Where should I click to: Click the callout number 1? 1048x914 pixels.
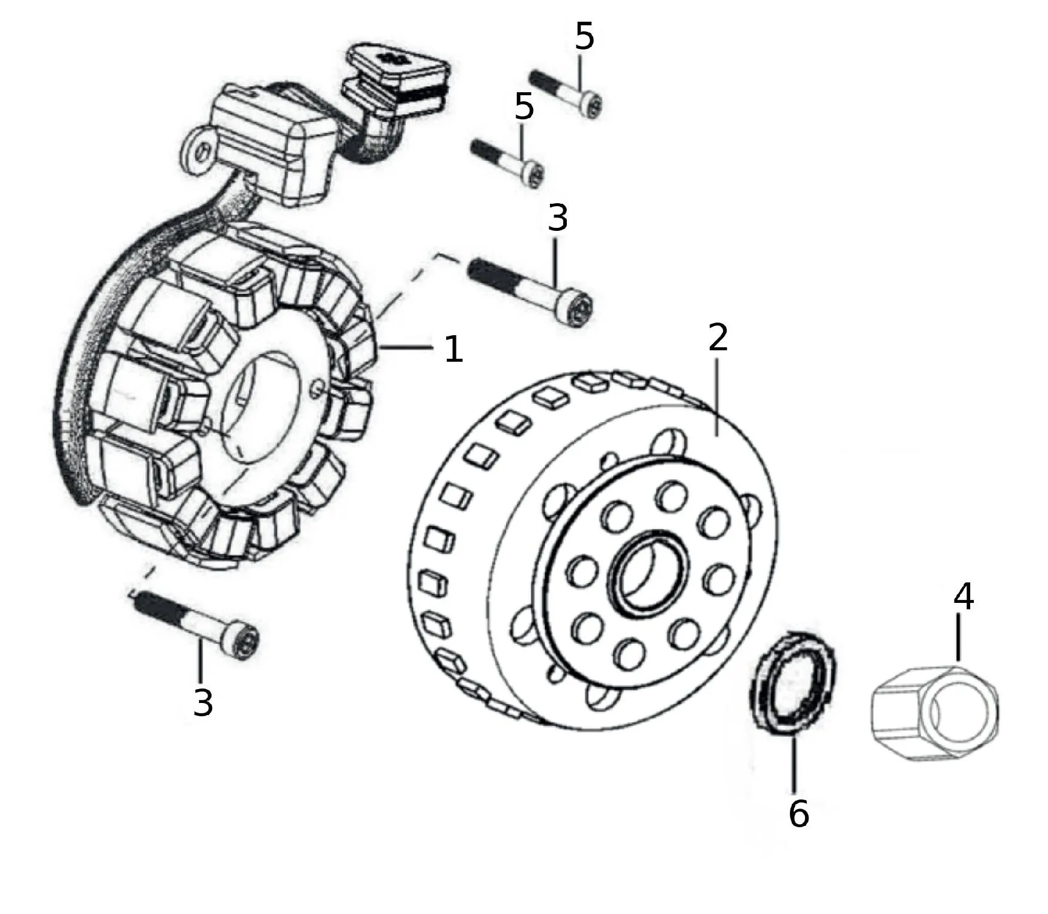click(x=453, y=350)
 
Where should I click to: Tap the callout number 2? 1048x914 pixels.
click(x=718, y=338)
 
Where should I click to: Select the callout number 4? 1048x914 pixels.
click(x=964, y=597)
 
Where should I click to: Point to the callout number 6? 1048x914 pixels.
click(x=798, y=814)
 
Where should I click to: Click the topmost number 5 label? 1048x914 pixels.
click(x=584, y=37)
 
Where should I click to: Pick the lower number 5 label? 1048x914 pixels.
click(x=524, y=107)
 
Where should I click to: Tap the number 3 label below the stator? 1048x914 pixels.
click(x=203, y=702)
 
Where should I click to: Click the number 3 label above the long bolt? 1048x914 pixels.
click(x=558, y=218)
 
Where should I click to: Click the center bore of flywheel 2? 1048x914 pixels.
click(x=648, y=573)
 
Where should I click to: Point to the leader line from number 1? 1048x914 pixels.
click(x=405, y=347)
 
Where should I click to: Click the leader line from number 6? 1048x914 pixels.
click(x=794, y=763)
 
